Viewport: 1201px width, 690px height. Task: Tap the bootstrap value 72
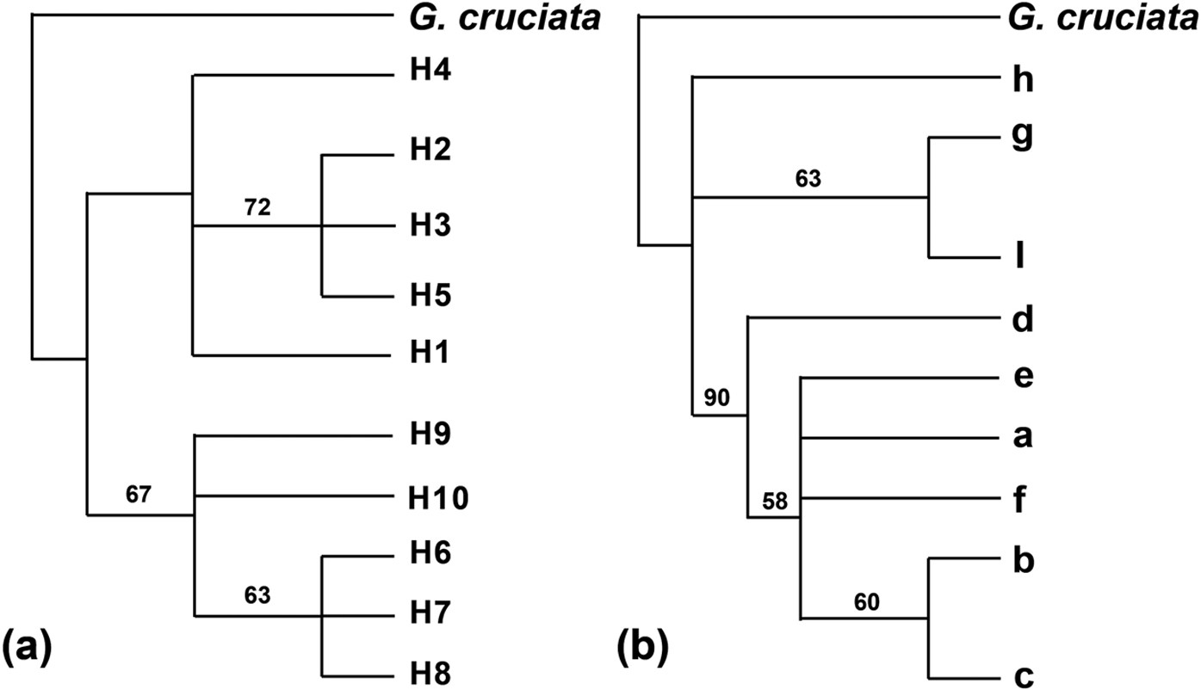(257, 207)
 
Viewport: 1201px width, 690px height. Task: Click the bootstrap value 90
(716, 397)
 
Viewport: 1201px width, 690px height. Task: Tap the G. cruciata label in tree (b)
(1103, 18)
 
